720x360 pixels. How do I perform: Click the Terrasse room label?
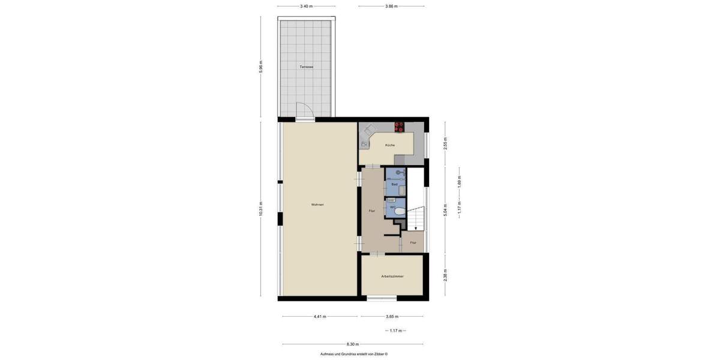(307, 67)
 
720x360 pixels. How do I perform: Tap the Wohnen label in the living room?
(317, 205)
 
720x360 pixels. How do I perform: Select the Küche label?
(390, 145)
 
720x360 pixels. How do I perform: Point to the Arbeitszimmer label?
(392, 276)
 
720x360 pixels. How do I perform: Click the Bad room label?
(394, 184)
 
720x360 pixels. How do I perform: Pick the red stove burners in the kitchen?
(399, 127)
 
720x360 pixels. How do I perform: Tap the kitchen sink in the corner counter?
(364, 144)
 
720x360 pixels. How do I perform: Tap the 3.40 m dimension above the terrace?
(306, 6)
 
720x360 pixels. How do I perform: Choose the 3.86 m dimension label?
(391, 6)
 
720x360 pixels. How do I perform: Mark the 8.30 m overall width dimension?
(353, 344)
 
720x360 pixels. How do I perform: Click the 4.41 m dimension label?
(320, 316)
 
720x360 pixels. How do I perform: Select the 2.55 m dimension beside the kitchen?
(445, 143)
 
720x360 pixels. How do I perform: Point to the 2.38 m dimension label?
(445, 275)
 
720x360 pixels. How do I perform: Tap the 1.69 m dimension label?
(459, 181)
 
